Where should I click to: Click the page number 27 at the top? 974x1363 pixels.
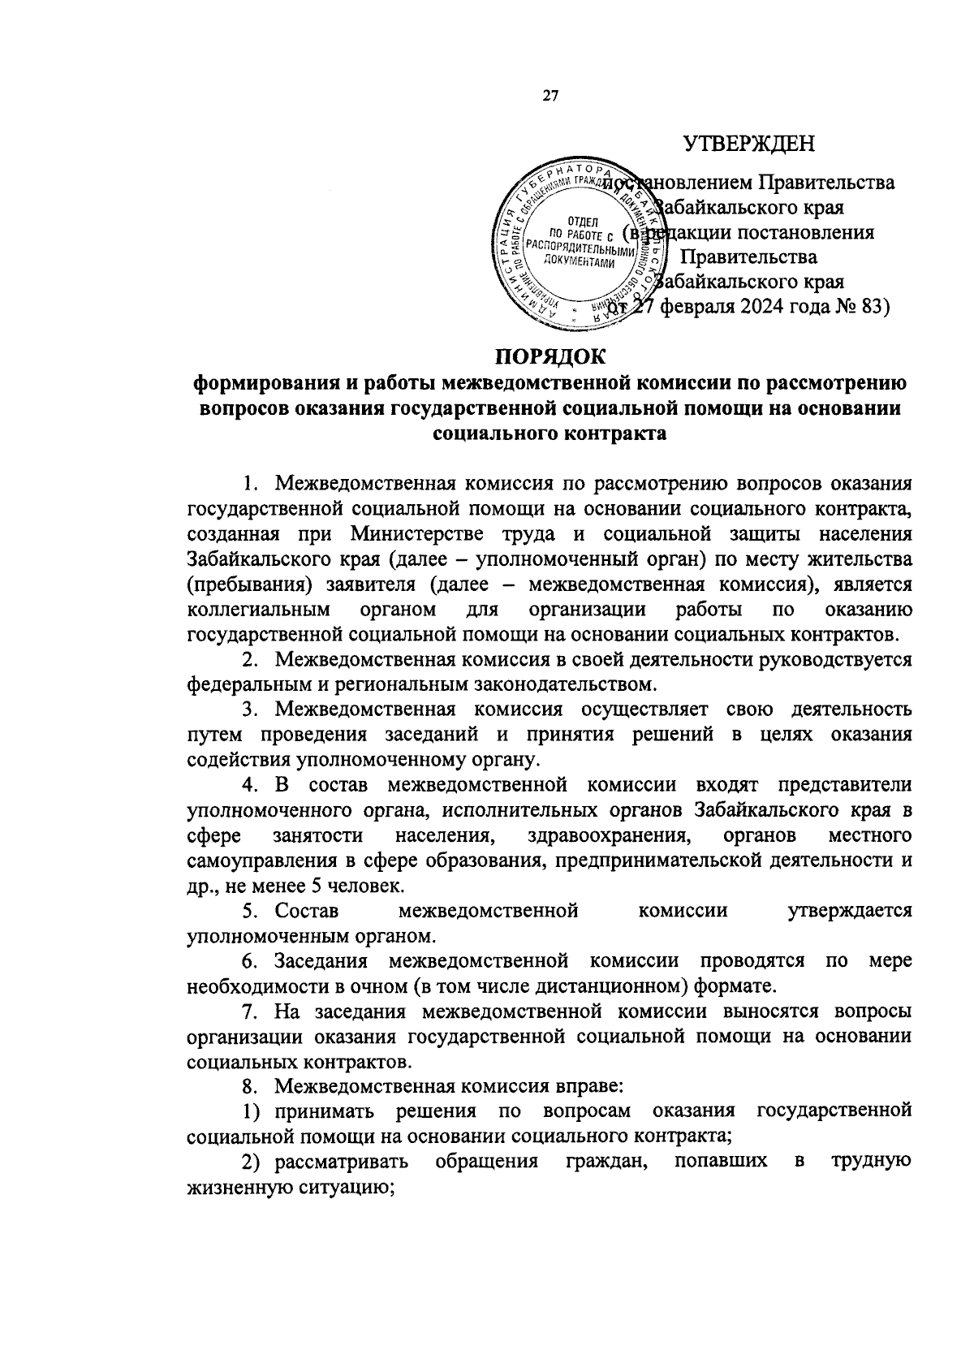click(x=550, y=97)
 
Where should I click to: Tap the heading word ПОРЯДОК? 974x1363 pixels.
click(x=550, y=356)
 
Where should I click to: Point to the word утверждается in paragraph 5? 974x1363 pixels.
click(x=849, y=910)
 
